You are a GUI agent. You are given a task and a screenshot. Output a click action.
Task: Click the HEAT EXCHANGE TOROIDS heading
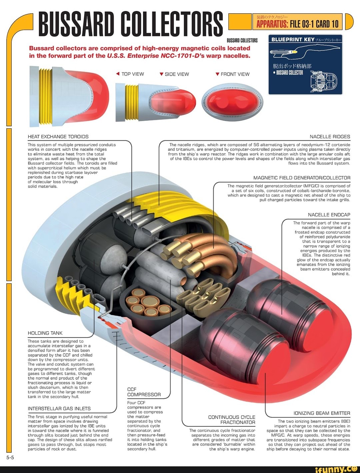point(58,137)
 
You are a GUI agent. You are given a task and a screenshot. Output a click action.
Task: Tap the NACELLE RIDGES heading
point(330,137)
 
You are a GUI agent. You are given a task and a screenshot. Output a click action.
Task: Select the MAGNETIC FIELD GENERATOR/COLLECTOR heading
point(302,178)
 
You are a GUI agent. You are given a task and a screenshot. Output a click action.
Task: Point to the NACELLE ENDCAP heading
point(329,215)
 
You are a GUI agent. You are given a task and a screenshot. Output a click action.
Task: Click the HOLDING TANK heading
point(45,333)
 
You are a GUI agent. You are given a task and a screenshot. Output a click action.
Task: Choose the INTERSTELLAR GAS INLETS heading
point(59,409)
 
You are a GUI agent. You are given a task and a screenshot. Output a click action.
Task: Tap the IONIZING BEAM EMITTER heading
point(322,413)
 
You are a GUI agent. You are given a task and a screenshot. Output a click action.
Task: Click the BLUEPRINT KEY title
point(293,39)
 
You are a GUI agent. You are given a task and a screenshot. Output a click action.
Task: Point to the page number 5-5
point(10,457)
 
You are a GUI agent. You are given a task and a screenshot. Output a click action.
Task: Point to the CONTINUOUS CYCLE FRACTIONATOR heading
point(232,420)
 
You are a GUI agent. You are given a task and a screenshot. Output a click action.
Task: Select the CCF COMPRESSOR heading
point(144,392)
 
